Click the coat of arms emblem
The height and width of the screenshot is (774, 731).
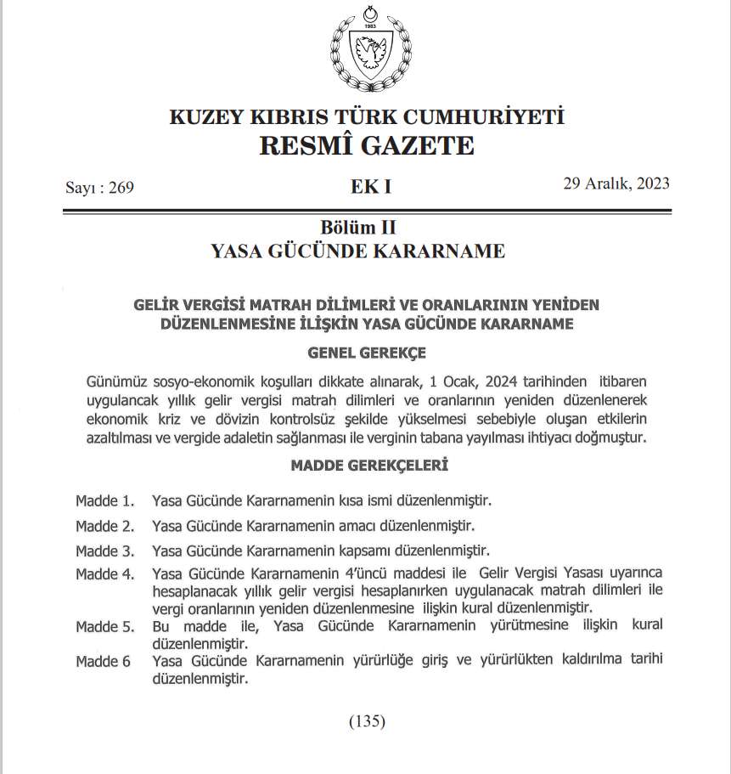point(368,51)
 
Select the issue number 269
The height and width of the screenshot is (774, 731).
point(121,188)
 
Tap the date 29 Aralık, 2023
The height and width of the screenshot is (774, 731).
point(616,184)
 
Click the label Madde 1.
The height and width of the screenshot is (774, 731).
point(105,500)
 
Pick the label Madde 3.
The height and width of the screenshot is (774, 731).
point(105,550)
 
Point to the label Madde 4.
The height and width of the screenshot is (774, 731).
point(105,574)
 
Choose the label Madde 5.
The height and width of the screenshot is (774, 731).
point(105,627)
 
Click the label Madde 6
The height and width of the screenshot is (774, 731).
point(103,661)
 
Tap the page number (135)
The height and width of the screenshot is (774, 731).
point(368,721)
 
